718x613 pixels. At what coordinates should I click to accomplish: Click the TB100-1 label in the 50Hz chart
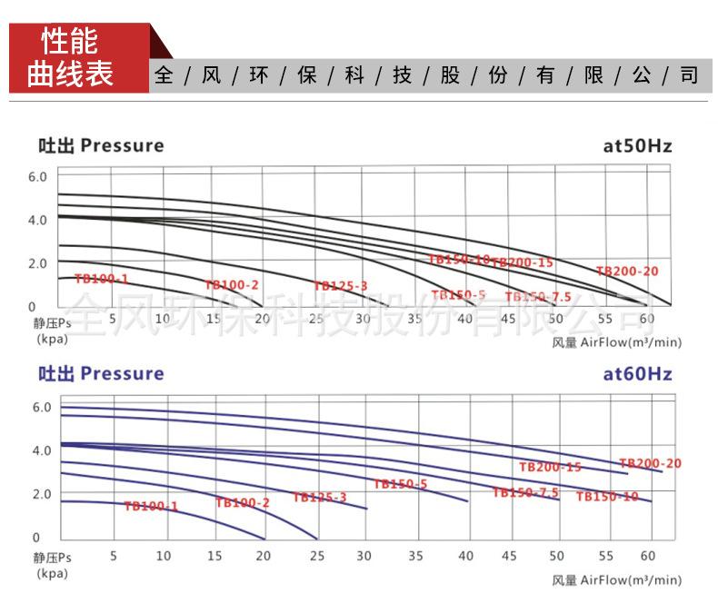pyautogui.click(x=101, y=279)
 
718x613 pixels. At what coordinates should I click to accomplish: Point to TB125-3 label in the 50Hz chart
pyautogui.click(x=341, y=286)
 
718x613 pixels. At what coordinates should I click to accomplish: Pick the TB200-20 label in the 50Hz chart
pyautogui.click(x=627, y=271)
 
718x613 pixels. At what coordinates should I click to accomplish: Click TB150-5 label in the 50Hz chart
pyautogui.click(x=458, y=295)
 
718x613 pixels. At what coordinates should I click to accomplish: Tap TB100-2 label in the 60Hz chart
pyautogui.click(x=243, y=502)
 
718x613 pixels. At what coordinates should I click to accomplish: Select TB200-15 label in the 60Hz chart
pyautogui.click(x=550, y=467)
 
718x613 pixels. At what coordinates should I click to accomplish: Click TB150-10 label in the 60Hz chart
pyautogui.click(x=607, y=497)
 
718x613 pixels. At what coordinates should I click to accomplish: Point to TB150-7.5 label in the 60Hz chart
pyautogui.click(x=525, y=492)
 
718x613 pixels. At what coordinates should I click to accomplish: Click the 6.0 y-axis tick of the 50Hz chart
pyautogui.click(x=36, y=176)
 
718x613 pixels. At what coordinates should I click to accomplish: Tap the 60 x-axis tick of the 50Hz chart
pyautogui.click(x=647, y=318)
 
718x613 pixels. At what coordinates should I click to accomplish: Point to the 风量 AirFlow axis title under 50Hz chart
pyautogui.click(x=615, y=342)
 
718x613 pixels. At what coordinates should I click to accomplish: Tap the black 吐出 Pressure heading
pyautogui.click(x=100, y=145)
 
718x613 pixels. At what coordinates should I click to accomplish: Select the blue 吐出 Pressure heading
pyautogui.click(x=100, y=373)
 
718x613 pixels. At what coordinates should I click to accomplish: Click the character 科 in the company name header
pyautogui.click(x=354, y=75)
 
